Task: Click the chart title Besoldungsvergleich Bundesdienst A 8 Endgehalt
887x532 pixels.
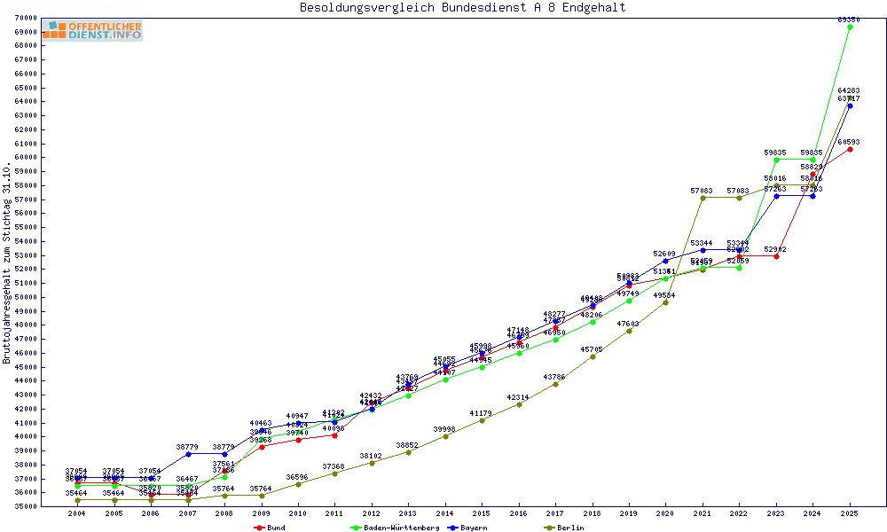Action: tap(462, 7)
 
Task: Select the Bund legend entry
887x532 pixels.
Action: tap(271, 528)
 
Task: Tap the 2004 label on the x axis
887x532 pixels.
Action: tap(78, 513)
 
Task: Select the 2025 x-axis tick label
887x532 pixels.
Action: tap(850, 513)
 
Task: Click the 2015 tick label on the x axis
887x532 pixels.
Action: tap(482, 513)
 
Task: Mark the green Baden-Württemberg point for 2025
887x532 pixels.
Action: tap(850, 27)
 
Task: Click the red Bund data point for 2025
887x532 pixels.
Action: tap(850, 149)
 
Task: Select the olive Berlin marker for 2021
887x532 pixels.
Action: tap(703, 198)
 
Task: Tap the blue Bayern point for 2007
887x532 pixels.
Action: tap(188, 454)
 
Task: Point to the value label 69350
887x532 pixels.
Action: tap(849, 19)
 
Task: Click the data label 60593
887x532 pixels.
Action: tap(849, 142)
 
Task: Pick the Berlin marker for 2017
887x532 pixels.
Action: tap(555, 384)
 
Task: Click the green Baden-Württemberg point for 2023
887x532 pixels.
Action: tap(776, 160)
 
